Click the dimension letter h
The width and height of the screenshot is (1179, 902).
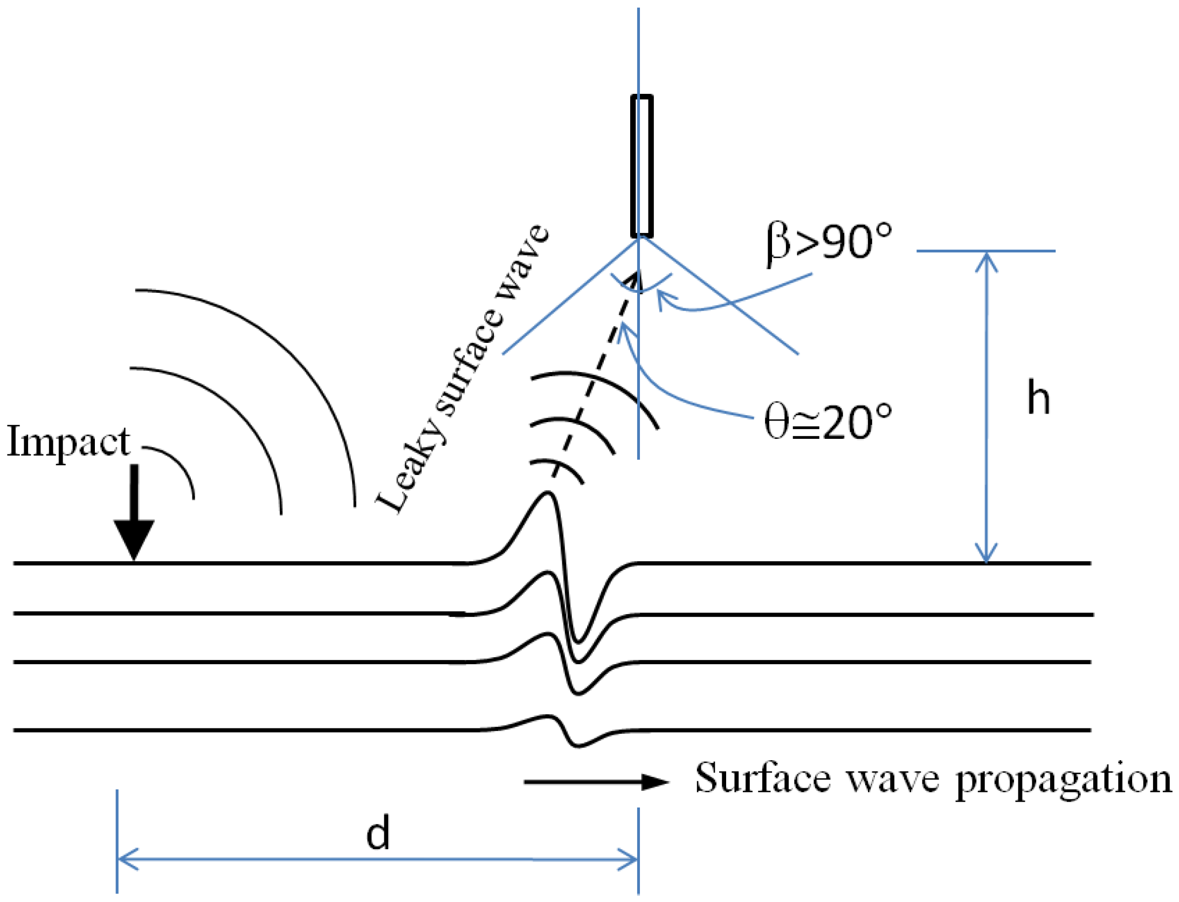click(1038, 398)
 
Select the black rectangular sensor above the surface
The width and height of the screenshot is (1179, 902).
click(642, 166)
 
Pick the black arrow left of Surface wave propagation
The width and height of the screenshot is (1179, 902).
click(596, 782)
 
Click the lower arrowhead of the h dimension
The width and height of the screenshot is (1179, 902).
click(986, 553)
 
